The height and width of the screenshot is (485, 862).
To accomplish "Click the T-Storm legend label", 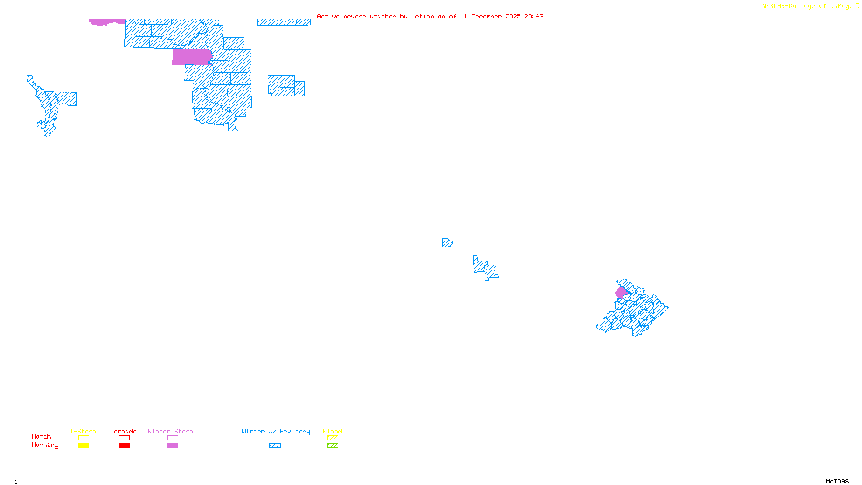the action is pos(83,431).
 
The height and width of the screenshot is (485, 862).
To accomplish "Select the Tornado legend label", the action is pos(123,431).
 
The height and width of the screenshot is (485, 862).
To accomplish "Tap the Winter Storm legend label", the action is pos(170,431).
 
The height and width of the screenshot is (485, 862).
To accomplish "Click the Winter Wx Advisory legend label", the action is pos(276,431).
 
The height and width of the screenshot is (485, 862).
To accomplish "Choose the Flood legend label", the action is pos(332,431).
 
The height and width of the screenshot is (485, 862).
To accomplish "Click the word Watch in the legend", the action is pos(41,436).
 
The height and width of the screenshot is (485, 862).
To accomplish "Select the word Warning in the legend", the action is pos(45,445).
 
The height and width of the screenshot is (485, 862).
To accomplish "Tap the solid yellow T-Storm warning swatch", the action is pos(84,446).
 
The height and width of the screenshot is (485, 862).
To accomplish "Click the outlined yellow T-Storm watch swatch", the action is pos(84,438).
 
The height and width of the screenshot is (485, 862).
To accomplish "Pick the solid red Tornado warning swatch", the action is pos(124,446).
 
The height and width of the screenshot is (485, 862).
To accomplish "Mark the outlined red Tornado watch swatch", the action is pos(124,438).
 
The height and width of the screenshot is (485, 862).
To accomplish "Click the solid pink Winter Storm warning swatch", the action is pos(172,446).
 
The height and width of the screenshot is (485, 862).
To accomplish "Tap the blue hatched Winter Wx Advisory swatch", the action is pos(275,446).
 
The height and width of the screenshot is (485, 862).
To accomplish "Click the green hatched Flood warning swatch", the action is pos(332,446).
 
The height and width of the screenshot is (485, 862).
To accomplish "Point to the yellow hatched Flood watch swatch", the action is pos(332,438).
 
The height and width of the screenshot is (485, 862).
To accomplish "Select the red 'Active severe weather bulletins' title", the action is pos(430,16).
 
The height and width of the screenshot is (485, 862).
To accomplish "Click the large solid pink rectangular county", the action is pos(192,57).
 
